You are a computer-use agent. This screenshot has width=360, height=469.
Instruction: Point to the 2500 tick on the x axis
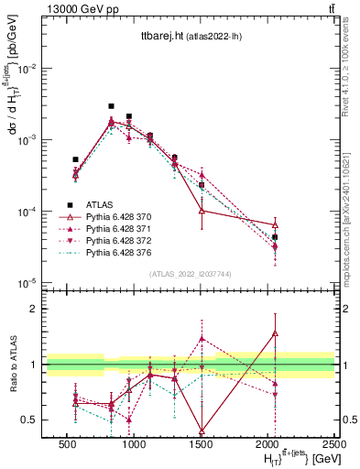pyautogui.click(x=334, y=444)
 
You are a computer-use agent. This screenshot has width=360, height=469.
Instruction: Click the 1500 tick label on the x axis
pyautogui.click(x=201, y=444)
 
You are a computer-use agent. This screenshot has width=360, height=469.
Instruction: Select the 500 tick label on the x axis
pyautogui.click(x=67, y=444)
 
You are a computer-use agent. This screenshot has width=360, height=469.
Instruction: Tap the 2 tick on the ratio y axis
pyautogui.click(x=32, y=309)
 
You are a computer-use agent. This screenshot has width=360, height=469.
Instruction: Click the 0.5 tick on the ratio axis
pyautogui.click(x=28, y=420)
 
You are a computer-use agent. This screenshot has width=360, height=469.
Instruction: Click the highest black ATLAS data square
pyautogui.click(x=111, y=106)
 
